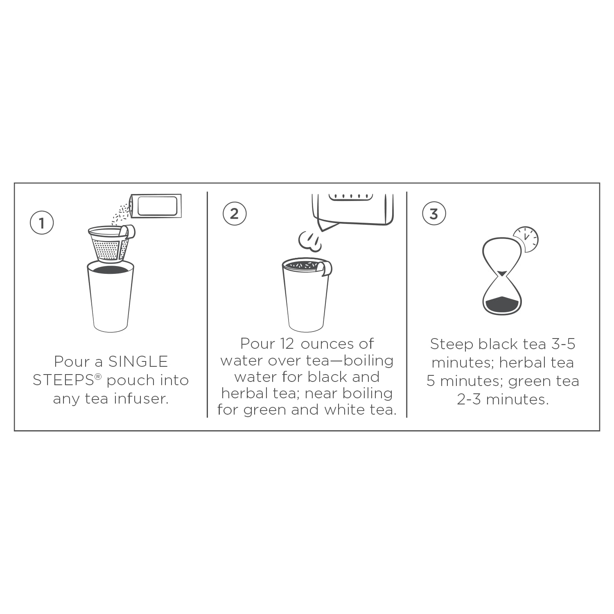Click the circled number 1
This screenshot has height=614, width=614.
42,223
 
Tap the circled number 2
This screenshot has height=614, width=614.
235,213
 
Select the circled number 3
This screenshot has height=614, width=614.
434,213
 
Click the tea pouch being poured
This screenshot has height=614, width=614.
155,205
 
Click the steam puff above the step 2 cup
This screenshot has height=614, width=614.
310,241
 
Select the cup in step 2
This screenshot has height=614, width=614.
306,294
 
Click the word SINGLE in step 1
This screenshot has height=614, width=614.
138,361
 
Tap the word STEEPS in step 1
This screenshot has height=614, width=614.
63,380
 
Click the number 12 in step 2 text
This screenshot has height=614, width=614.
287,344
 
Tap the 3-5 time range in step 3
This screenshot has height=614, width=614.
563,344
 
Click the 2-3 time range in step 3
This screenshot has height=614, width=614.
469,399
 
